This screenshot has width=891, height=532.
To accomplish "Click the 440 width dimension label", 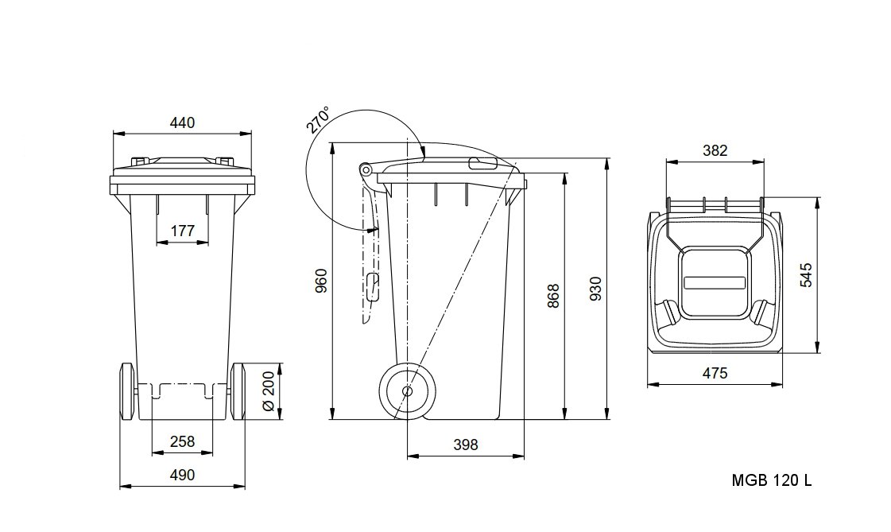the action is (x=182, y=122).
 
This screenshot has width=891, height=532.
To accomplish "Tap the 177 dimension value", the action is (x=182, y=231).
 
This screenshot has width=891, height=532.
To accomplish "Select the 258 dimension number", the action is (x=182, y=441).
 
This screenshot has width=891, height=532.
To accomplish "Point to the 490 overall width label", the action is (x=182, y=475).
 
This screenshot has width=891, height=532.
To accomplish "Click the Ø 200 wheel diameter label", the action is (x=269, y=391).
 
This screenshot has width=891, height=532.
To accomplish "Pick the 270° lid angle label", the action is (x=318, y=119).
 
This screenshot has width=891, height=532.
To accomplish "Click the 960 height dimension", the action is (x=321, y=281).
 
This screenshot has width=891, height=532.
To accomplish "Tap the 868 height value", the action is (x=553, y=296).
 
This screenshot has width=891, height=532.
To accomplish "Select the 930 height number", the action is (x=595, y=289).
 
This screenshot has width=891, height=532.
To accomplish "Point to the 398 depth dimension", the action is (x=466, y=445).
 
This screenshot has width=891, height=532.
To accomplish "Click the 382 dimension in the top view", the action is (x=715, y=150).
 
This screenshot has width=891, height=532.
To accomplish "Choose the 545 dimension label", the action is (x=806, y=275).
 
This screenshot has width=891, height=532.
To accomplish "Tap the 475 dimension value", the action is (x=715, y=374).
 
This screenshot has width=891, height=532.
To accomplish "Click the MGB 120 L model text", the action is (x=772, y=481).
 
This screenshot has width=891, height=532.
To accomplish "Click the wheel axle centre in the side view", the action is (x=408, y=391).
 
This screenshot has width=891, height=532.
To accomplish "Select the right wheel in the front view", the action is (x=238, y=391).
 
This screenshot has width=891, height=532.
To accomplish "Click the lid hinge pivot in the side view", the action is (x=365, y=169).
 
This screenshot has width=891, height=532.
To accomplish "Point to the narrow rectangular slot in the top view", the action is (x=715, y=282).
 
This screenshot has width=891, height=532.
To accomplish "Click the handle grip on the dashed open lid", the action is (x=373, y=288).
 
